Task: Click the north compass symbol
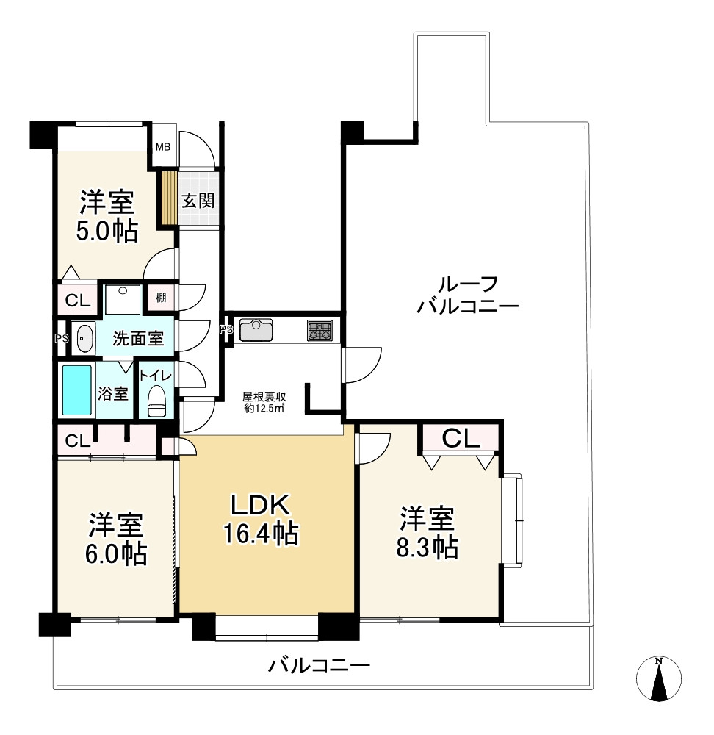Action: pyautogui.click(x=658, y=679)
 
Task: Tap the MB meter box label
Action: pyautogui.click(x=163, y=147)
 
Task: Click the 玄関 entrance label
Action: pyautogui.click(x=198, y=201)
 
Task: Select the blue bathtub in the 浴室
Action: pyautogui.click(x=77, y=390)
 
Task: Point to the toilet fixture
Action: pyautogui.click(x=156, y=401)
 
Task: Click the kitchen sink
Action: pyautogui.click(x=256, y=330)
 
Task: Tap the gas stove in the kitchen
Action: pyautogui.click(x=320, y=330)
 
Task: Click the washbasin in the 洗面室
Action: pyautogui.click(x=84, y=338)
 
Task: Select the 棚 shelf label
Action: pyautogui.click(x=161, y=297)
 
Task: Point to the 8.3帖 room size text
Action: pyautogui.click(x=428, y=547)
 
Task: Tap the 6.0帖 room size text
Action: pyautogui.click(x=116, y=553)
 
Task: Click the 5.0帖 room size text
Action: pyautogui.click(x=107, y=231)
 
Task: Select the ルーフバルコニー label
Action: pyautogui.click(x=468, y=295)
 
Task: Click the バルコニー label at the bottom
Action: pyautogui.click(x=320, y=665)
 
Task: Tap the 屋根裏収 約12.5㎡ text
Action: pyautogui.click(x=264, y=402)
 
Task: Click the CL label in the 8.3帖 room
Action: pyautogui.click(x=461, y=438)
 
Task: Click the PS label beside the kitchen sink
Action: pyautogui.click(x=227, y=329)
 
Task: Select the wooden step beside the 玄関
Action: pyautogui.click(x=169, y=198)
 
